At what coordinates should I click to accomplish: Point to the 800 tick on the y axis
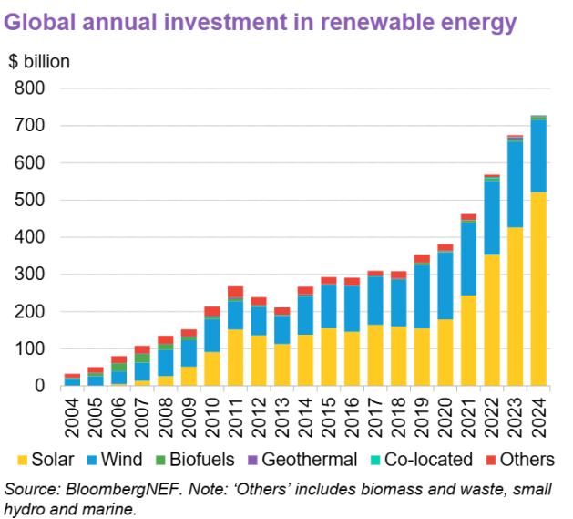32,89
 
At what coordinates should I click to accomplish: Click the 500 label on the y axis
32,201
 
